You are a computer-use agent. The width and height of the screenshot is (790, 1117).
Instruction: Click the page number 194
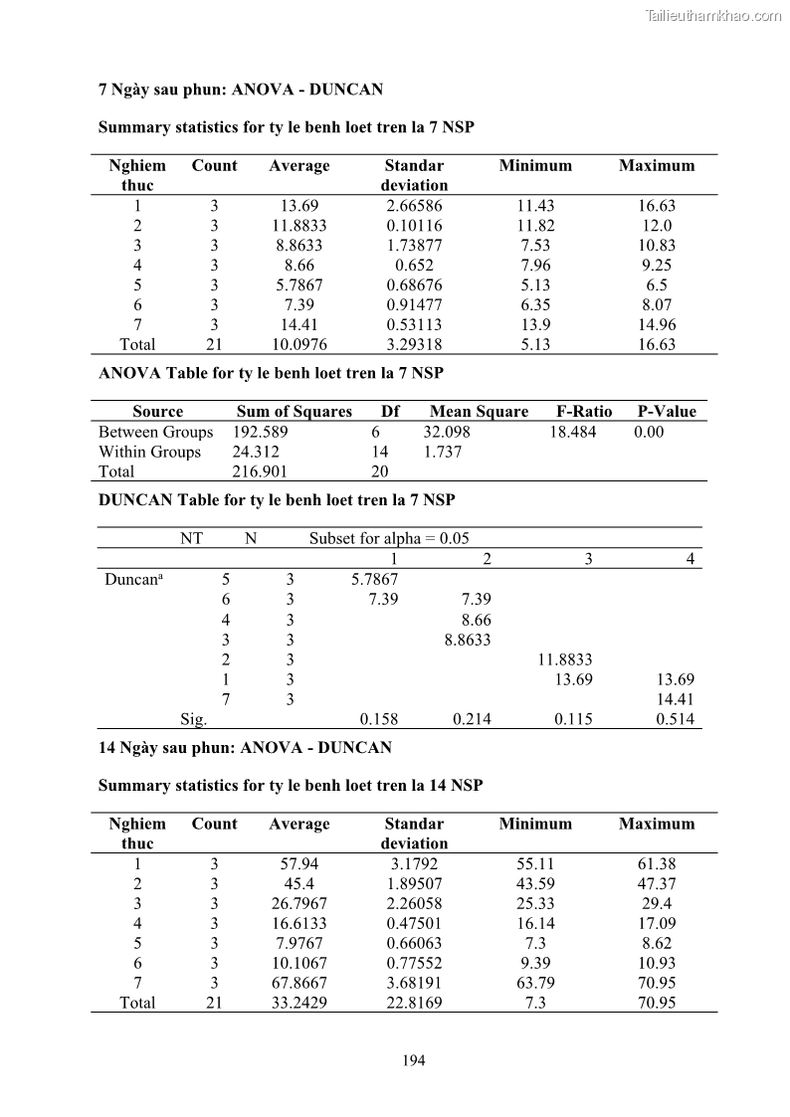414,1060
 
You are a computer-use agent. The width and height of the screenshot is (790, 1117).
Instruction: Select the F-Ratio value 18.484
573,432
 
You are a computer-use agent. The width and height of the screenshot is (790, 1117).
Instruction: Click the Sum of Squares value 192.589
260,432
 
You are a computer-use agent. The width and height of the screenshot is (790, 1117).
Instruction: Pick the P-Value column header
667,412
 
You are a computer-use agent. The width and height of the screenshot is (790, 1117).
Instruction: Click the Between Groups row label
155,432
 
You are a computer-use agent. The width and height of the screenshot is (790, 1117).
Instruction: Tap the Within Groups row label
149,452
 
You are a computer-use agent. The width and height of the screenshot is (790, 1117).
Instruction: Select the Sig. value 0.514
676,719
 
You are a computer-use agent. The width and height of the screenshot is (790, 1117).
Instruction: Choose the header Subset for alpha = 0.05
388,538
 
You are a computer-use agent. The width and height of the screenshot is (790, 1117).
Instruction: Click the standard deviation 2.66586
414,206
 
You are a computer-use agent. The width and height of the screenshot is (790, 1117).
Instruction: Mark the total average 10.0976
298,344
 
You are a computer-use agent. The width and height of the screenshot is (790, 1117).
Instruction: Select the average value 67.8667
298,983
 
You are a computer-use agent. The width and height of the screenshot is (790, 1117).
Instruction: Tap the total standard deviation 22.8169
414,1003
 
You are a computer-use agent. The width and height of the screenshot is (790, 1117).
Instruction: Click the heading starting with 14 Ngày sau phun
245,747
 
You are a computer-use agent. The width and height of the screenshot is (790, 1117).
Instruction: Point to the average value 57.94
298,863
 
